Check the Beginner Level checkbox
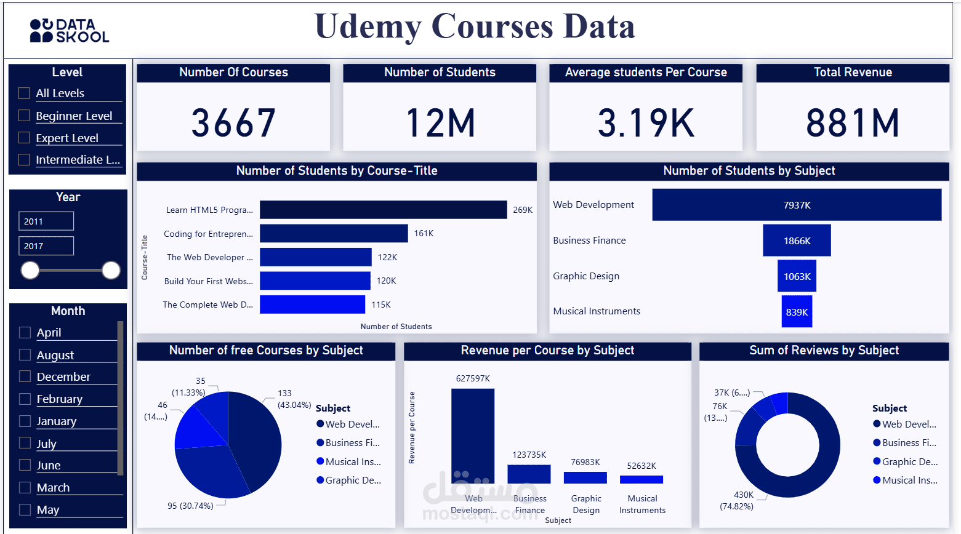pos(24,116)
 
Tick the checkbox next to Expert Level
pos(24,138)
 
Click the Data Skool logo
pos(69,31)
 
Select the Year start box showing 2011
pos(46,221)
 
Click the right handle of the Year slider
pos(111,270)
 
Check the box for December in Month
pos(25,377)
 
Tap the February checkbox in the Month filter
pos(25,399)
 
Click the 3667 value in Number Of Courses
pos(233,122)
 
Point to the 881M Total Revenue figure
pos(853,122)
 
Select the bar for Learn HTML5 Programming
pos(383,210)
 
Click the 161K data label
pos(424,233)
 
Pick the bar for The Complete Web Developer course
pos(312,305)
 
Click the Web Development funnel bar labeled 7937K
pos(797,205)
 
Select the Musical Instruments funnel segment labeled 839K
pos(797,312)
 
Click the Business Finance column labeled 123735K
pos(529,474)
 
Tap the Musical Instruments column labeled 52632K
pos(641,479)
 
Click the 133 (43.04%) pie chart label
pos(294,399)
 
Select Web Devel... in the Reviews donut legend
pos(909,424)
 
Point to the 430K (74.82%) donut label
pos(737,500)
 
